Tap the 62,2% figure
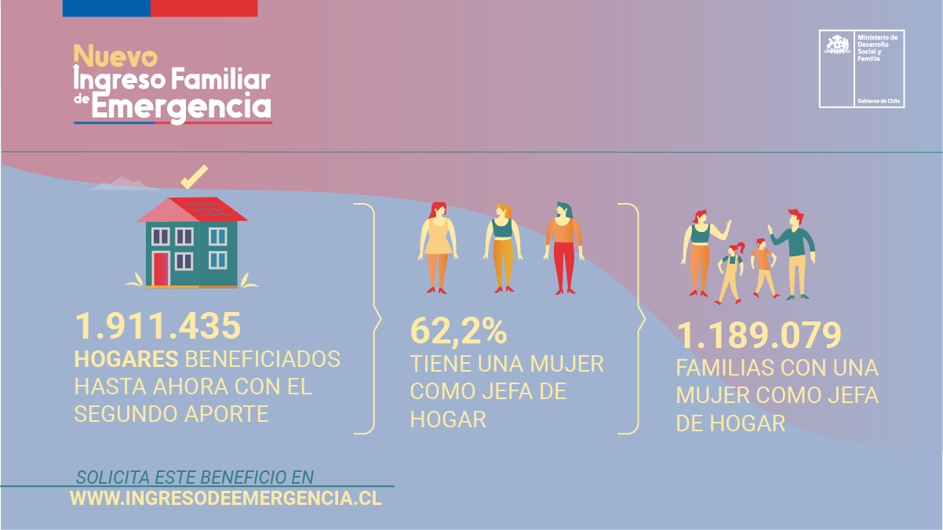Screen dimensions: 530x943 pyautogui.click(x=459, y=332)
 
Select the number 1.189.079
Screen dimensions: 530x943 pyautogui.click(x=759, y=336)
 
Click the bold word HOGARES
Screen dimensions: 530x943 pyautogui.click(x=126, y=359)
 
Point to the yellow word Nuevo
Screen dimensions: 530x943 pyautogui.click(x=116, y=56)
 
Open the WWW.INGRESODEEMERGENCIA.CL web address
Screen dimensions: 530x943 pyautogui.click(x=226, y=498)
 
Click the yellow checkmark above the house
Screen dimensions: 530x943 pyautogui.click(x=194, y=176)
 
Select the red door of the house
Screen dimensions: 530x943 pyautogui.click(x=161, y=269)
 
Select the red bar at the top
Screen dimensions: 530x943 pyautogui.click(x=203, y=8)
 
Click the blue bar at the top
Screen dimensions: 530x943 pyautogui.click(x=106, y=8)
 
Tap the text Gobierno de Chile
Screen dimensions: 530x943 pyautogui.click(x=879, y=101)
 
